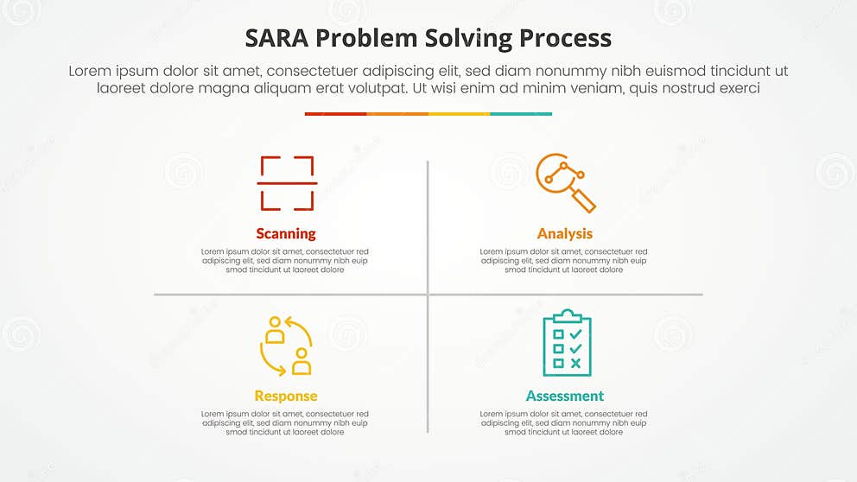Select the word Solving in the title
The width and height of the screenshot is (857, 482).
coord(469,39)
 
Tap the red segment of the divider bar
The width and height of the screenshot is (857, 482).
coord(335,113)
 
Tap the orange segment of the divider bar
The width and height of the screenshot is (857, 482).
coord(397,113)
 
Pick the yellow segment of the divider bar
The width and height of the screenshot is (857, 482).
coord(459,113)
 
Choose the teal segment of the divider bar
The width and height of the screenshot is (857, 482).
coord(521,113)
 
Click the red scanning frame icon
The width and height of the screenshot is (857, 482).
coord(287,183)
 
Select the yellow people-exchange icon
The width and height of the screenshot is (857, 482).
coord(286,346)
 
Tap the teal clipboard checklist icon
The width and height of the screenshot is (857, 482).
coord(567,344)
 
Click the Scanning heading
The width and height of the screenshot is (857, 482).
coord(286,233)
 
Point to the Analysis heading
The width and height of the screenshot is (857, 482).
coord(565,233)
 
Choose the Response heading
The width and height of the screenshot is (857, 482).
coord(286,396)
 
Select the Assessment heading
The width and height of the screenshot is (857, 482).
coord(565,396)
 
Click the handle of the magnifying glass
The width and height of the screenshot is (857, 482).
coord(585,200)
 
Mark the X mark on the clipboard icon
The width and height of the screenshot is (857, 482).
coord(576,363)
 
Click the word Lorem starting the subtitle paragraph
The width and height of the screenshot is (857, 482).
coord(91,72)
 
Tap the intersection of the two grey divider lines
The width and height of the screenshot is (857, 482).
coord(428,295)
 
